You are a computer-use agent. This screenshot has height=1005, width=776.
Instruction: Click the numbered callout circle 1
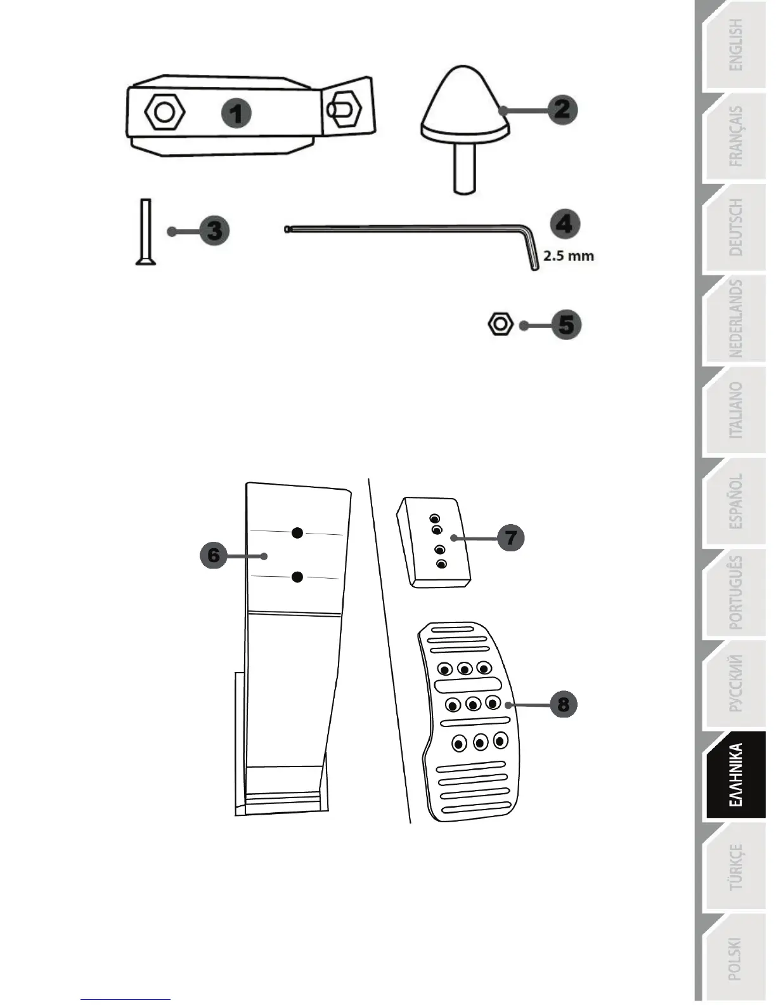pos(236,114)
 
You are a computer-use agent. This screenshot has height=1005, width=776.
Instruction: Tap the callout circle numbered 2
pos(562,109)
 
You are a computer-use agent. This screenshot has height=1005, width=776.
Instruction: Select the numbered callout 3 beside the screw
pos(214,230)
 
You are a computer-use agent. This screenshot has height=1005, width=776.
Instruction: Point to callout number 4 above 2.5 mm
pos(564,224)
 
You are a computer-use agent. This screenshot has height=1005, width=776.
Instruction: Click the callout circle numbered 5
pos(566,325)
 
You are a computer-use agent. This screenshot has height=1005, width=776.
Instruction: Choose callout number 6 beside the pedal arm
pos(214,555)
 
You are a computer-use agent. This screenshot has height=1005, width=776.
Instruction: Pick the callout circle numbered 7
pos(511,538)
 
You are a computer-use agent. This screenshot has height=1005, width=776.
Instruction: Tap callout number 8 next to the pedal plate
pos(563,704)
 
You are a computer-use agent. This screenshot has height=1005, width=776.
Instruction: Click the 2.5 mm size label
pos(569,256)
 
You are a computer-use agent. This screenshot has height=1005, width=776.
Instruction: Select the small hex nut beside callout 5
pos(500,324)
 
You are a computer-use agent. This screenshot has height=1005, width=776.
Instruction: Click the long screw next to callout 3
pos(146,232)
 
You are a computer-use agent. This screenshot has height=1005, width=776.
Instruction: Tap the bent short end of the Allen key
pos(532,251)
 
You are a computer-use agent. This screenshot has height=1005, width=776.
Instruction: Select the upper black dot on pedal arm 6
pos(297,533)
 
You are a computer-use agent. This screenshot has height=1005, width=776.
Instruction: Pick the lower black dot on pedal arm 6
pos(297,577)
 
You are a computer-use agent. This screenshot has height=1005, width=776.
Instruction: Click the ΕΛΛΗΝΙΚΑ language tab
pos(735,775)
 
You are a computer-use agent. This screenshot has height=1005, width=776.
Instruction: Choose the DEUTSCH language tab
pos(735,227)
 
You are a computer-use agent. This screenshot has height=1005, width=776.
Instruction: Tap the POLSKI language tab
pos(735,958)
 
